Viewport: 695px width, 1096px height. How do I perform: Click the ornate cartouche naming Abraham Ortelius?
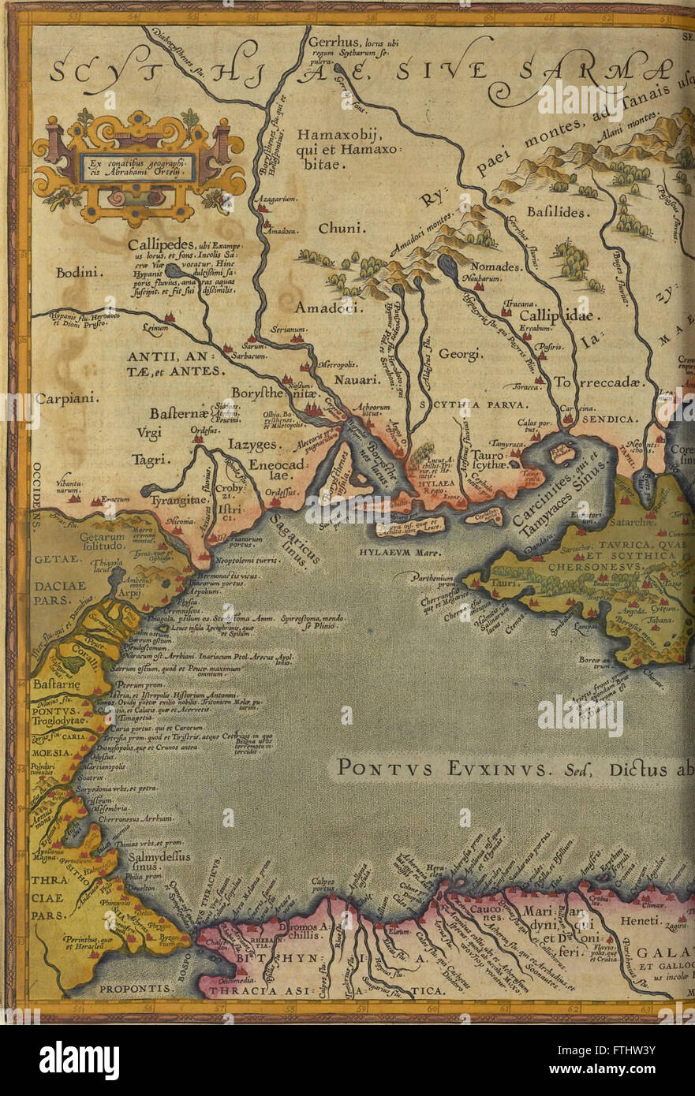point(139,167)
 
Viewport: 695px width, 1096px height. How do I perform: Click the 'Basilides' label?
point(555,213)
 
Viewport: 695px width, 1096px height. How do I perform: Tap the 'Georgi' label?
point(461,354)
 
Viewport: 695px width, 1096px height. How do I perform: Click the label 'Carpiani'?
point(67,399)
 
